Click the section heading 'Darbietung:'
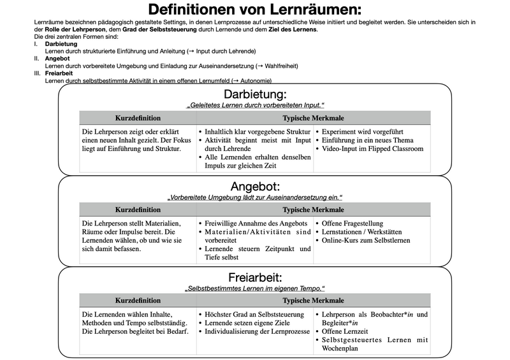(x=255, y=94)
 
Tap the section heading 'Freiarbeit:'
(x=255, y=277)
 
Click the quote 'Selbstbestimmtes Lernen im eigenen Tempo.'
(x=255, y=288)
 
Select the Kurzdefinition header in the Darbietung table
(x=138, y=118)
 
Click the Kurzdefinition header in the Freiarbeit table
(x=138, y=301)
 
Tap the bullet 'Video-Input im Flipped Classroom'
(x=373, y=148)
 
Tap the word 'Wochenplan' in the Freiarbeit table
(x=342, y=349)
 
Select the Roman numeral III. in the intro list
(x=38, y=73)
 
